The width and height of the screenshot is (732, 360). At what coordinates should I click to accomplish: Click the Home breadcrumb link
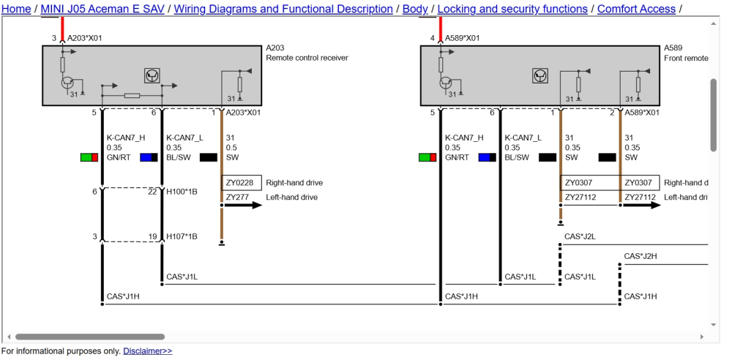[16, 9]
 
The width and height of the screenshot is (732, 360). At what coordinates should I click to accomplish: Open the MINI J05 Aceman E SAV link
[102, 9]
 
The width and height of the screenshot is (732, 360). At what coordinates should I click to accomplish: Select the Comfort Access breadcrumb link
[636, 9]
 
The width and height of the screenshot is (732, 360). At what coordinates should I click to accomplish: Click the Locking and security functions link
[512, 9]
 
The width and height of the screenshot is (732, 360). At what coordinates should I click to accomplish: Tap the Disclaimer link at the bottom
[148, 350]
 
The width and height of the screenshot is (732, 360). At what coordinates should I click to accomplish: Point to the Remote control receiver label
[307, 58]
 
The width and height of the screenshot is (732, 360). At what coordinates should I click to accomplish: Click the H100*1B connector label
[182, 192]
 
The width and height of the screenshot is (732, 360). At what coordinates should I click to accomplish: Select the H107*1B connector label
[182, 237]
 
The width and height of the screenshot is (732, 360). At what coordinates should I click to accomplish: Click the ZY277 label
[237, 197]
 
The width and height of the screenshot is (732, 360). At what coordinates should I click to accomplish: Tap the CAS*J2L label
[580, 237]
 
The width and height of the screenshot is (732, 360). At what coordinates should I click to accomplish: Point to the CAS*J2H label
[640, 256]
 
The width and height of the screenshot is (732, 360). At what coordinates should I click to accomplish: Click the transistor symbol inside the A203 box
[67, 83]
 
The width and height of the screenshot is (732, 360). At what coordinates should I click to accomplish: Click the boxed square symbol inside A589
[540, 75]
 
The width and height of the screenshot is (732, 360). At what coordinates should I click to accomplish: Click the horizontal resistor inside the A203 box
[132, 96]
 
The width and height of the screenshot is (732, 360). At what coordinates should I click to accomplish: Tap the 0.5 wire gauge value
[231, 148]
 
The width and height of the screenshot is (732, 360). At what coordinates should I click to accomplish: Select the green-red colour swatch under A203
[89, 157]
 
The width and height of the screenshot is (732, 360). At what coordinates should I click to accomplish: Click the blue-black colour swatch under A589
[488, 157]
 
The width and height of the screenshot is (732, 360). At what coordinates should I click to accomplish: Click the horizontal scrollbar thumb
[89, 337]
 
